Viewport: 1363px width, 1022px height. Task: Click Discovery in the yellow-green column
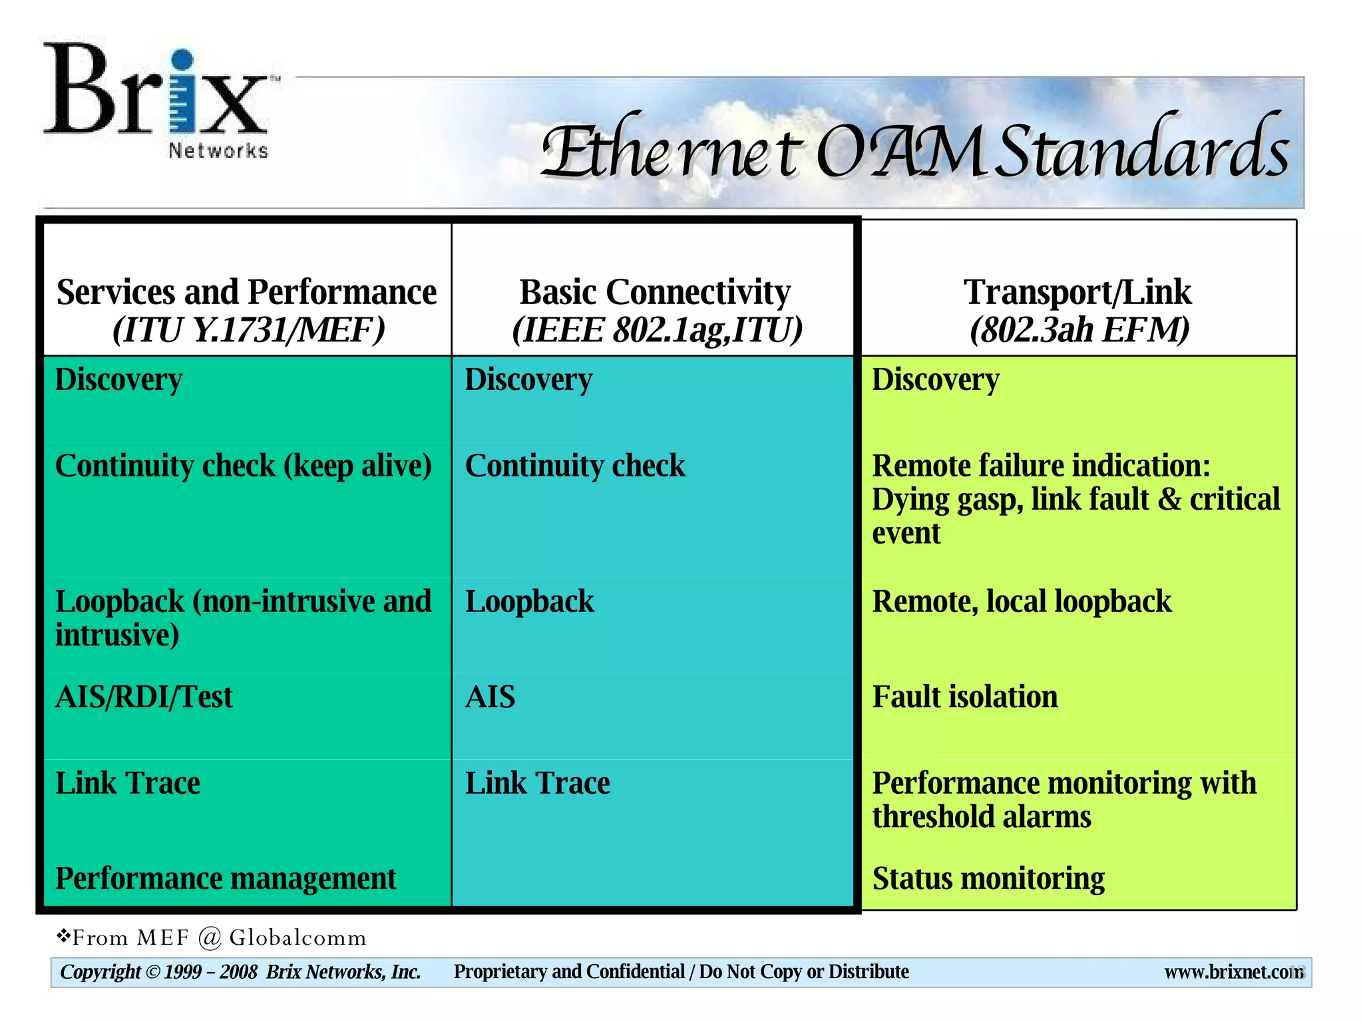(935, 380)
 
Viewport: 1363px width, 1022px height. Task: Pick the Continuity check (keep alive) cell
(244, 466)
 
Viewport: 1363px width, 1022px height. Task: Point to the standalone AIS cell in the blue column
(490, 697)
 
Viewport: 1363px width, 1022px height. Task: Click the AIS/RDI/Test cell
(144, 697)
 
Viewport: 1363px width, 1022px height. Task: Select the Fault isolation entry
(964, 697)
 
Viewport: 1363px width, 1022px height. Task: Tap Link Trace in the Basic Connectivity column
(537, 783)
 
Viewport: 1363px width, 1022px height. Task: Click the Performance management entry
(225, 879)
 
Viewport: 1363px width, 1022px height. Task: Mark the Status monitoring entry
(988, 879)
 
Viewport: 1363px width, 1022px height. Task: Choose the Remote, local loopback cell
(1022, 601)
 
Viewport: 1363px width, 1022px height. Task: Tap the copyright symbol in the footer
(152, 972)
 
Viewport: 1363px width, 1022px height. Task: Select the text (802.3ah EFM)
(1079, 330)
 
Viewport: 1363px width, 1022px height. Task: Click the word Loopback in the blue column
(529, 601)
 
